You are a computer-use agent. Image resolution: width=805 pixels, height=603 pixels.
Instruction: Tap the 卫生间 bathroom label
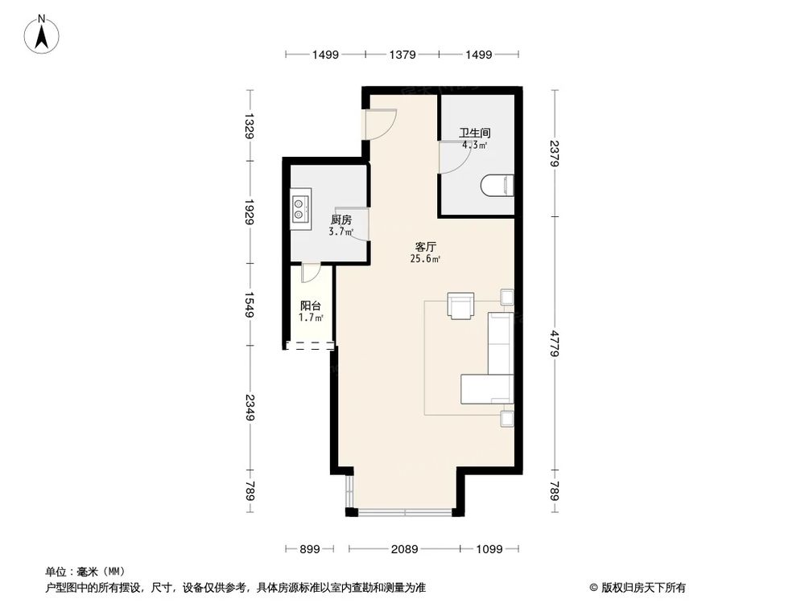(475, 133)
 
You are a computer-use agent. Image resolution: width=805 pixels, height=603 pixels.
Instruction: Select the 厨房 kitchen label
(341, 219)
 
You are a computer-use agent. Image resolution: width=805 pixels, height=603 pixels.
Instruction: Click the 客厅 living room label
(426, 246)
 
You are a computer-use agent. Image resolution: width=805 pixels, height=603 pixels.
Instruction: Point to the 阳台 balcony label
(311, 306)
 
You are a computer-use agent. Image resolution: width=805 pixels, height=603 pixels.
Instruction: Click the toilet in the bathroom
(497, 187)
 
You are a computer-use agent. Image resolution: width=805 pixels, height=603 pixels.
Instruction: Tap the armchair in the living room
(461, 306)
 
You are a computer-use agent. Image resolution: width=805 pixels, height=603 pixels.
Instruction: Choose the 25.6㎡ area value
(426, 259)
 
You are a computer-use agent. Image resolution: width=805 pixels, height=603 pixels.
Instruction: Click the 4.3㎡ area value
(474, 146)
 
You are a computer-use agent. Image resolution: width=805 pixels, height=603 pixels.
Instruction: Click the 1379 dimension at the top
(402, 55)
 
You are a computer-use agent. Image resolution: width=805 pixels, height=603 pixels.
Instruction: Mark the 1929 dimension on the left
(250, 212)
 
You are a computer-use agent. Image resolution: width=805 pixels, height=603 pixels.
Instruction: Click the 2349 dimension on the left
(250, 408)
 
